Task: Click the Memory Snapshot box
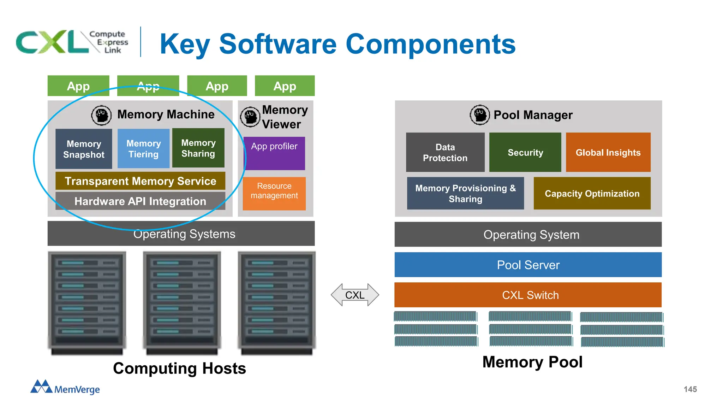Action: pos(84,149)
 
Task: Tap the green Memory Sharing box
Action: pos(198,148)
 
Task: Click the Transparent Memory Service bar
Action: pos(140,181)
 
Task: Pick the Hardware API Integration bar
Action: pos(140,201)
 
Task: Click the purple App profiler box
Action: pos(274,153)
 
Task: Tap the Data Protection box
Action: pos(445,152)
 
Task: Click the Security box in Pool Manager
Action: pos(525,152)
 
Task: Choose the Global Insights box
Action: pos(608,152)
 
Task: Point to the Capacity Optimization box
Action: pos(592,193)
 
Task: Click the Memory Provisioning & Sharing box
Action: pos(465,193)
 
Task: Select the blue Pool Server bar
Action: pos(528,265)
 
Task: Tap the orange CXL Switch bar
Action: pos(528,295)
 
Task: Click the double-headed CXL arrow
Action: pos(355,295)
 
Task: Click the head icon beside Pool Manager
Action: pos(479,115)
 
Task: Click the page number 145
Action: pos(690,389)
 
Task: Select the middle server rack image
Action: pos(182,302)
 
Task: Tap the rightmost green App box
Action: pos(285,86)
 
